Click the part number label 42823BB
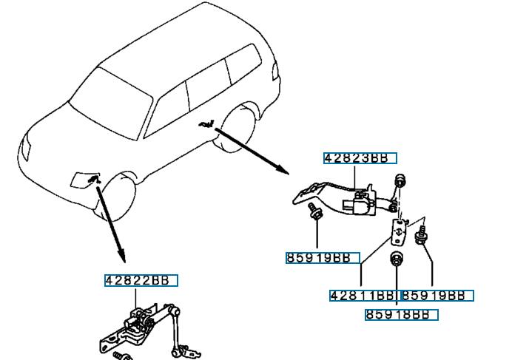[360, 158]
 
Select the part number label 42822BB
[141, 280]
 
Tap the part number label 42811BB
[362, 296]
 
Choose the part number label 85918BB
[401, 315]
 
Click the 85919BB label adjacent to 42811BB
[436, 296]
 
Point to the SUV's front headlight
[27, 149]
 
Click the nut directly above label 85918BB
[396, 259]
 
